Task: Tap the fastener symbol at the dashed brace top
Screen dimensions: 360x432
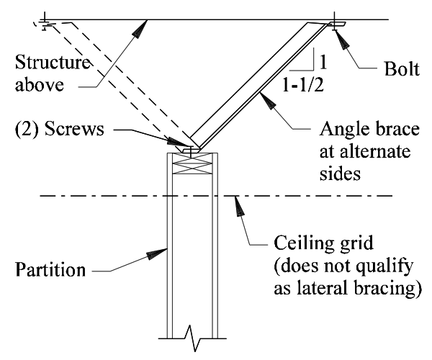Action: (x=45, y=22)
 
